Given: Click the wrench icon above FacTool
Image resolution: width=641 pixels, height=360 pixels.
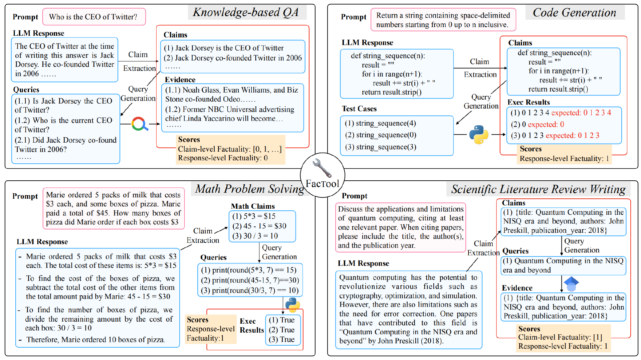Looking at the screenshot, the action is pos(322,168).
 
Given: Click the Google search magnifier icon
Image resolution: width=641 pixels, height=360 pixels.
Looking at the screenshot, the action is pos(140,124).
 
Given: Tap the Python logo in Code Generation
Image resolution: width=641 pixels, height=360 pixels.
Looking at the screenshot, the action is pos(479,135).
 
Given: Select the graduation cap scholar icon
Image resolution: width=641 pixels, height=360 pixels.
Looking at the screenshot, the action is pos(571,284).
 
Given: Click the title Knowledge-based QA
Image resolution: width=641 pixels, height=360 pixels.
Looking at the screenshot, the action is pos(246,12).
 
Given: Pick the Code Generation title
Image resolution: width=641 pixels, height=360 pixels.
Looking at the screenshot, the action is pos(575,13).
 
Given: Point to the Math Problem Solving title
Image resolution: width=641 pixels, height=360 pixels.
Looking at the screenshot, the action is pos(250,189).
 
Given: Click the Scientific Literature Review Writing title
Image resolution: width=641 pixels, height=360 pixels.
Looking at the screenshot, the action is pos(538,189).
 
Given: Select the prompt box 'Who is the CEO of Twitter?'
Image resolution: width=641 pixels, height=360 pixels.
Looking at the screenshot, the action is pos(94,17).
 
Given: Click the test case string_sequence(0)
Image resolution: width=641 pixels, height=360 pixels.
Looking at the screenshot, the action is pos(381,135).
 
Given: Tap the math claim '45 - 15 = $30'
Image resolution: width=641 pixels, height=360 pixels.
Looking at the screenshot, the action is pos(259,226).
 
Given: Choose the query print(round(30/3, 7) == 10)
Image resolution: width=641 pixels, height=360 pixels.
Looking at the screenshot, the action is pos(250,291).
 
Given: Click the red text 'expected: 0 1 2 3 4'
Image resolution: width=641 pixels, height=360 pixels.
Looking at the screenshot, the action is pos(581,113).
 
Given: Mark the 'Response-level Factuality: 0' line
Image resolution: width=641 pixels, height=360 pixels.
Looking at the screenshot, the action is pos(223,158).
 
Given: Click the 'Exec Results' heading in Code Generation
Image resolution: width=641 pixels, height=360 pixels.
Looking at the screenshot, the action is pos(528,102).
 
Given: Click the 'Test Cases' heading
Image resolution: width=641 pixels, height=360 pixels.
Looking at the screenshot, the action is pos(359,109).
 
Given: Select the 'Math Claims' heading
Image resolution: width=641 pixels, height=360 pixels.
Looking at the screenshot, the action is pos(253,206).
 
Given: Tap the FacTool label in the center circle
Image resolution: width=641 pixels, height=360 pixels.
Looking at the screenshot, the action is pos(322,184).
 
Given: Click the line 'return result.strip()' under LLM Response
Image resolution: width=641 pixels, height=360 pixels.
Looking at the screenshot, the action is pos(392,92).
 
